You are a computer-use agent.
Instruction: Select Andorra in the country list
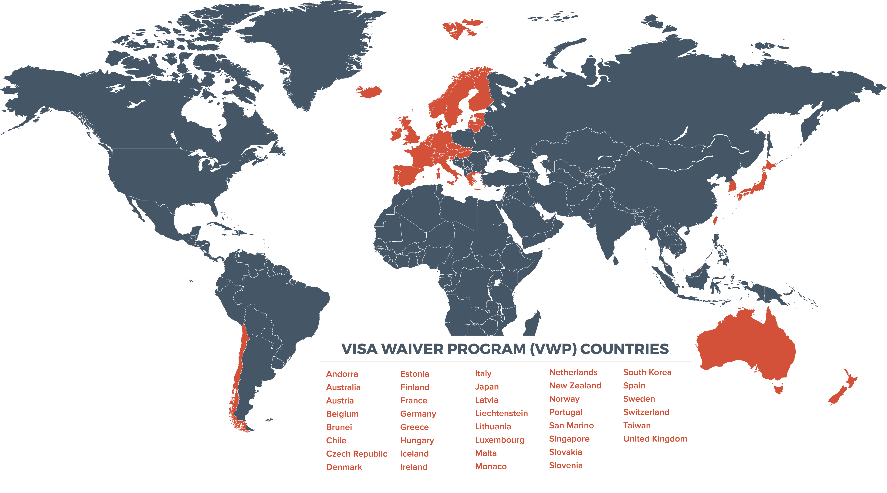pos(342,374)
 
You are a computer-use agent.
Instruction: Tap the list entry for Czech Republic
pos(356,454)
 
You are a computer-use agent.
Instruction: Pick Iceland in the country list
pos(414,454)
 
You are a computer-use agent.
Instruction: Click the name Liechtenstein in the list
pos(501,413)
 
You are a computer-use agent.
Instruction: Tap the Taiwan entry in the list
pos(637,426)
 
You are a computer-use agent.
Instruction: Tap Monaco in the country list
pos(491,467)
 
